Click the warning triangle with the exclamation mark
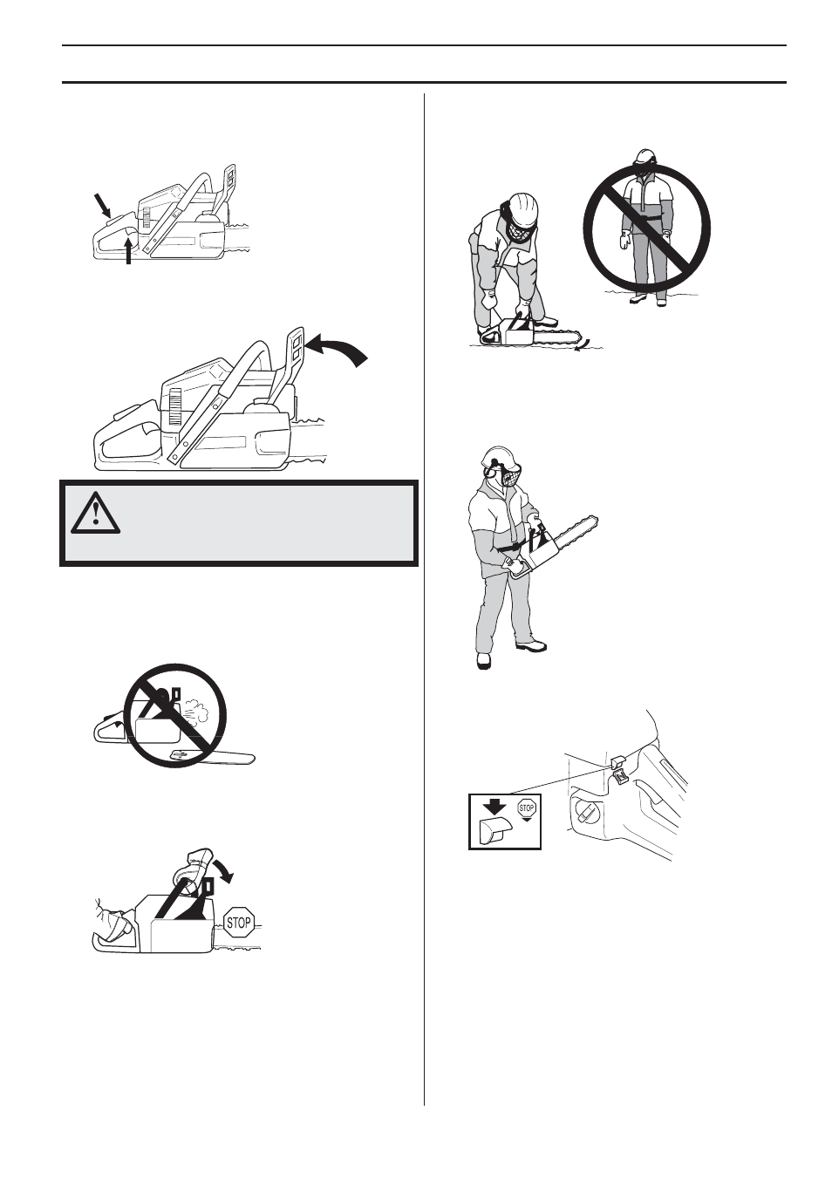point(95,514)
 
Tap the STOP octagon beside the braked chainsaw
point(238,922)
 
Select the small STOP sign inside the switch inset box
point(526,809)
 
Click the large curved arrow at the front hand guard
point(342,350)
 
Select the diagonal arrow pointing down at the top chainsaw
point(104,206)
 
